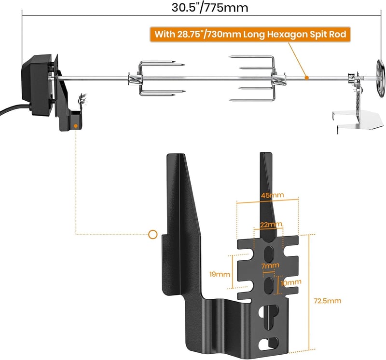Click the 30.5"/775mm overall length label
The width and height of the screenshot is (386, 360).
[210, 8]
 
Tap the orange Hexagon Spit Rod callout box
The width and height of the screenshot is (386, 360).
[250, 34]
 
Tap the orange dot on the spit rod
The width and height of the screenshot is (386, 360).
[306, 78]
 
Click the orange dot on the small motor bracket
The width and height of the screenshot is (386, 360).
[76, 126]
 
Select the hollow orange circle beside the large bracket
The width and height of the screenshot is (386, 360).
[152, 234]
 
